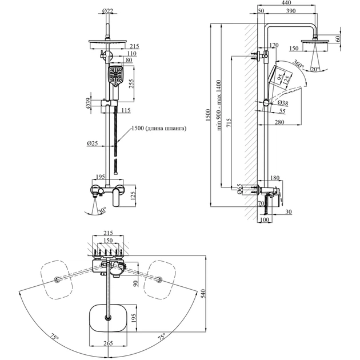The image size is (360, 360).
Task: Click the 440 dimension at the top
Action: coord(287,3)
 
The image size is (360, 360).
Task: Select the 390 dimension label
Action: coord(291,11)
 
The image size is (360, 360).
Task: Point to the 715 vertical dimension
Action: coord(227,123)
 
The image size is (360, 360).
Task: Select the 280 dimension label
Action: coord(279,122)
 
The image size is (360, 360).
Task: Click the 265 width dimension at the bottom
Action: coord(109,343)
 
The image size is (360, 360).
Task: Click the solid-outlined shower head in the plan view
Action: coord(109,318)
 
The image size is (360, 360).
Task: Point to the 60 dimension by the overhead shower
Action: coord(338,39)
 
